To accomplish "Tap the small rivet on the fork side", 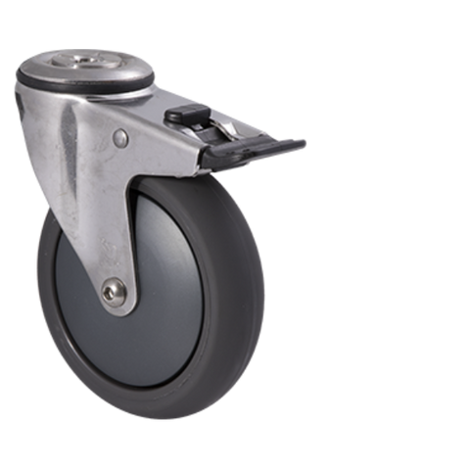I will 120,139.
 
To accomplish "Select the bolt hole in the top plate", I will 87,65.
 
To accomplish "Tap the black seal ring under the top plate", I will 88,85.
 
